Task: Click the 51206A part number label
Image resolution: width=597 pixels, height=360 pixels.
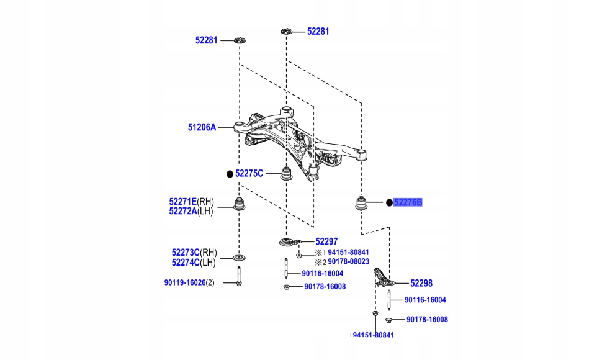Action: [x=202, y=127]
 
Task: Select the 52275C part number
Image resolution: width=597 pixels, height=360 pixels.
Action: [x=249, y=174]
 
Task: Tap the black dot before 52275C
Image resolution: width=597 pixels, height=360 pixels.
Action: [x=229, y=174]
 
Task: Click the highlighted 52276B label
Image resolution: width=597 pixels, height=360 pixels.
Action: [x=408, y=202]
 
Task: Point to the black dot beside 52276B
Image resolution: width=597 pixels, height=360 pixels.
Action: [x=389, y=202]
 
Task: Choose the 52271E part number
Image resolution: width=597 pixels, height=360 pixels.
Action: [x=182, y=202]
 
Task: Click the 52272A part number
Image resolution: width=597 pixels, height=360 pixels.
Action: [x=182, y=211]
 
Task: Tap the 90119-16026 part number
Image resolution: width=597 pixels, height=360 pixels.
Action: [x=184, y=282]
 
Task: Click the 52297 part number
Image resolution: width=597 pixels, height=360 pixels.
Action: [x=326, y=241]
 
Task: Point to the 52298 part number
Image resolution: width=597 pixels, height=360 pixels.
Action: [x=421, y=283]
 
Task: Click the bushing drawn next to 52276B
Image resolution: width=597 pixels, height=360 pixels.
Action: [x=361, y=203]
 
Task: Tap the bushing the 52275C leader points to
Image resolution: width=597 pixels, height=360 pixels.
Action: [x=287, y=174]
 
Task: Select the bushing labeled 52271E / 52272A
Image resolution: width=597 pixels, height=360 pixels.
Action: [x=240, y=204]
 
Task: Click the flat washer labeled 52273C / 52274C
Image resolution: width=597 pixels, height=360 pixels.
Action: [x=240, y=257]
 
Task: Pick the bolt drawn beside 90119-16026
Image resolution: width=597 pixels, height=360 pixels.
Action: [x=240, y=276]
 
